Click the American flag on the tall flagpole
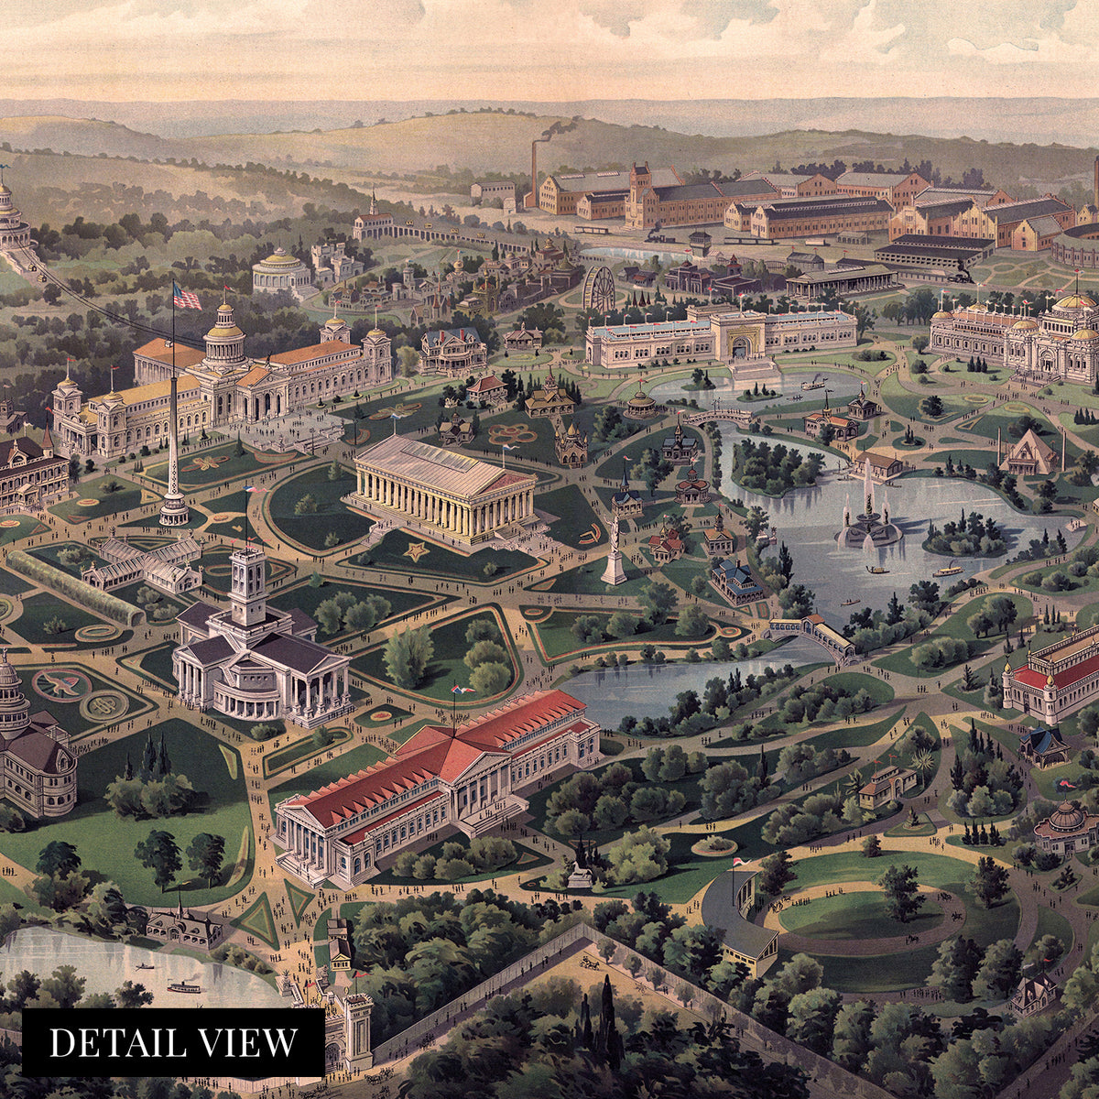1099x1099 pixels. tap(187, 296)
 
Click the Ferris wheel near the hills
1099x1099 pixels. tap(598, 288)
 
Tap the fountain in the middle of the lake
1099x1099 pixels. tap(867, 523)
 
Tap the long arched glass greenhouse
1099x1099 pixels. tap(73, 587)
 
